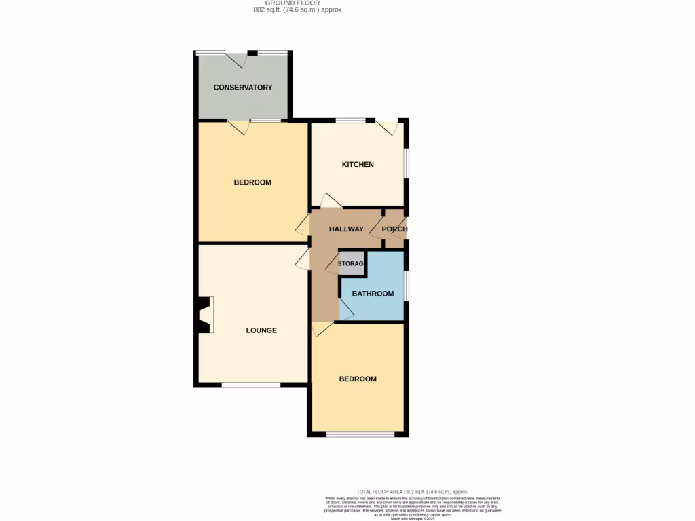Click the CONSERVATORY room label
(243, 88)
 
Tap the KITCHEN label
(358, 165)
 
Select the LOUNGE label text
(261, 331)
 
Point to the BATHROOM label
(373, 294)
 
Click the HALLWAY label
(346, 229)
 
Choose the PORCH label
(394, 229)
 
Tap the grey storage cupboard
(352, 263)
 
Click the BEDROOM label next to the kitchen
(252, 182)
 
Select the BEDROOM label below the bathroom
(358, 379)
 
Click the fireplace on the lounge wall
(204, 315)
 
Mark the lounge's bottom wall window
(251, 385)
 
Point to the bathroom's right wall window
(407, 286)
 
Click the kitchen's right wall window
(407, 163)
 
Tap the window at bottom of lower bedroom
(357, 434)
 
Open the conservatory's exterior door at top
(236, 60)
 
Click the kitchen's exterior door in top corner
(388, 127)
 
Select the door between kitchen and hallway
(331, 201)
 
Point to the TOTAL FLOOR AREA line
(413, 491)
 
